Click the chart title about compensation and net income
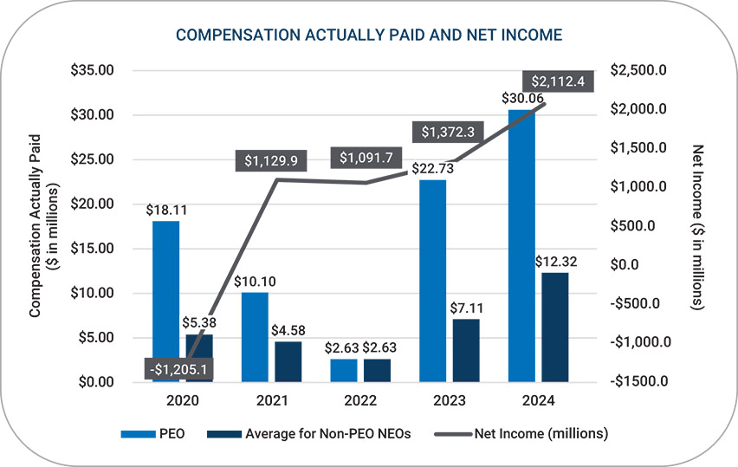[369, 35]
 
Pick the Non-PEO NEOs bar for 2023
[465, 350]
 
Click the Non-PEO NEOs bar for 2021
[288, 361]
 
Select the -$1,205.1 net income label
[179, 368]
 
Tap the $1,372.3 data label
[448, 133]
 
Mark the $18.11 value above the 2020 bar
[165, 209]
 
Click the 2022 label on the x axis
[361, 401]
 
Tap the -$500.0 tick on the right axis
[639, 303]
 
